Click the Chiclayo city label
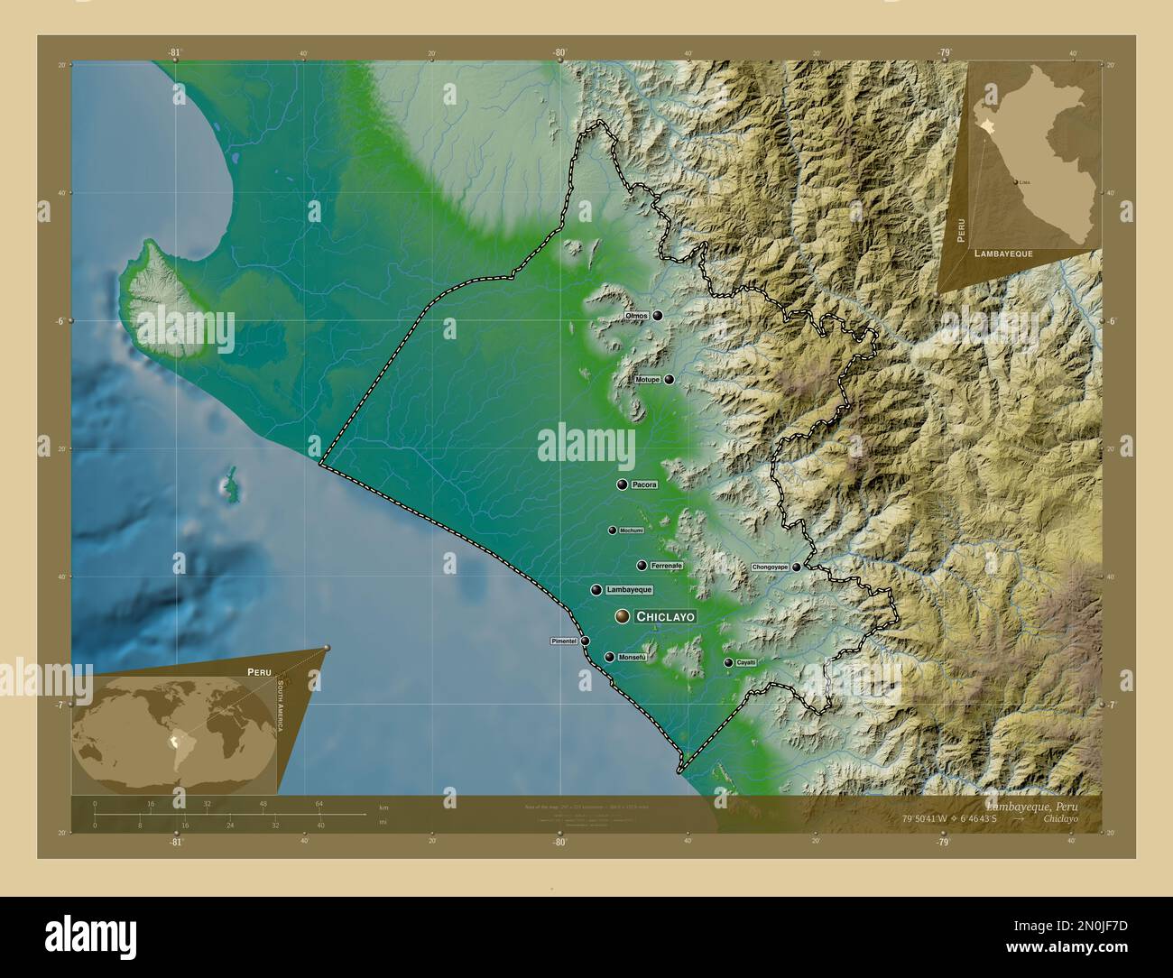point(665,617)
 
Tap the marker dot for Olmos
point(658,316)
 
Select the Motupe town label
point(647,380)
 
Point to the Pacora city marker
point(622,484)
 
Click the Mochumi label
point(631,531)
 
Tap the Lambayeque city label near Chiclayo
point(629,590)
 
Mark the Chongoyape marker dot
point(797,567)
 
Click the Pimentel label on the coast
point(564,641)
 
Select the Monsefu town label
point(633,658)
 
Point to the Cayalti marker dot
point(728,662)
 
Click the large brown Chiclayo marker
point(622,616)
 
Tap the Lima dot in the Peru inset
point(1017,182)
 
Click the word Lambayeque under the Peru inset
point(1003,255)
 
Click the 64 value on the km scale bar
point(319,803)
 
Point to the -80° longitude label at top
point(559,53)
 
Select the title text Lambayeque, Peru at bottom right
point(1031,804)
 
